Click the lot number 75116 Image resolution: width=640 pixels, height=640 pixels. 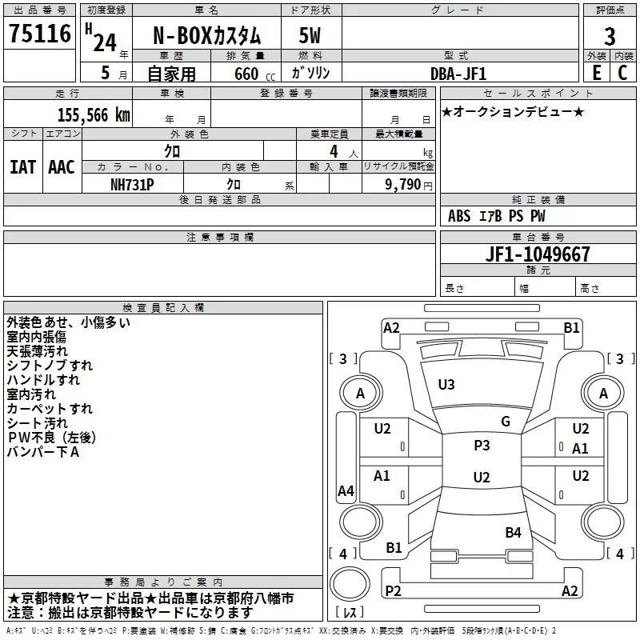click(x=40, y=33)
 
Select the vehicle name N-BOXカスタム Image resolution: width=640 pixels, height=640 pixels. click(x=206, y=35)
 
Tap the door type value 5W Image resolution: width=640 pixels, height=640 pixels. click(x=310, y=35)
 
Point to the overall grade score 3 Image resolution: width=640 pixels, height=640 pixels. click(x=610, y=36)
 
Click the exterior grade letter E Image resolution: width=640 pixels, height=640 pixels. click(x=596, y=73)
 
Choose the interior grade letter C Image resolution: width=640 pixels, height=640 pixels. click(x=622, y=73)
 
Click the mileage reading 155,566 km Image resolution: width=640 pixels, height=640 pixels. click(x=94, y=115)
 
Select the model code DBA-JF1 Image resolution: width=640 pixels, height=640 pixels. click(x=458, y=74)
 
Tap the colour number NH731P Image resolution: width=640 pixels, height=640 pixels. click(x=132, y=185)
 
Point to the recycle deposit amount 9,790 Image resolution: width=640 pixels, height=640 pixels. click(x=403, y=185)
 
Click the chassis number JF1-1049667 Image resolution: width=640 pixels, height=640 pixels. click(x=538, y=254)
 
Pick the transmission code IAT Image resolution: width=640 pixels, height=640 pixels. click(x=23, y=167)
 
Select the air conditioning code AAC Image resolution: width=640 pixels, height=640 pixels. click(x=62, y=167)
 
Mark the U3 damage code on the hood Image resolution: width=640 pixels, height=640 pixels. click(x=446, y=385)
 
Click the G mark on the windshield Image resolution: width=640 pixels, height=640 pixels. click(x=506, y=422)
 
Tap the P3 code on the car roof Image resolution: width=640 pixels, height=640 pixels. click(x=482, y=446)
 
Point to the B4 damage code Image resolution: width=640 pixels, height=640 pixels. click(x=513, y=533)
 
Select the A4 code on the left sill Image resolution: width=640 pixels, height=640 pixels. click(x=346, y=490)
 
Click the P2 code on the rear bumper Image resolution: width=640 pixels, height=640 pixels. click(x=393, y=590)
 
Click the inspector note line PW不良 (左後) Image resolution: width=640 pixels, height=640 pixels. click(x=51, y=438)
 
